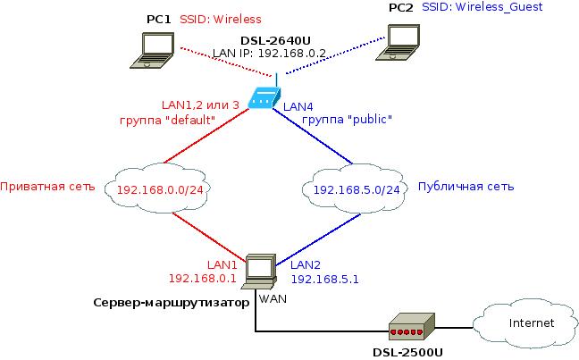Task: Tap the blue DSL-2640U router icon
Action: pos(264,98)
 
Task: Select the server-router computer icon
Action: pos(258,269)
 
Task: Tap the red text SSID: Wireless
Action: pos(215,18)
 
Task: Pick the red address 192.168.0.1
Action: pos(208,279)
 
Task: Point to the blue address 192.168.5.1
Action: pos(325,279)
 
